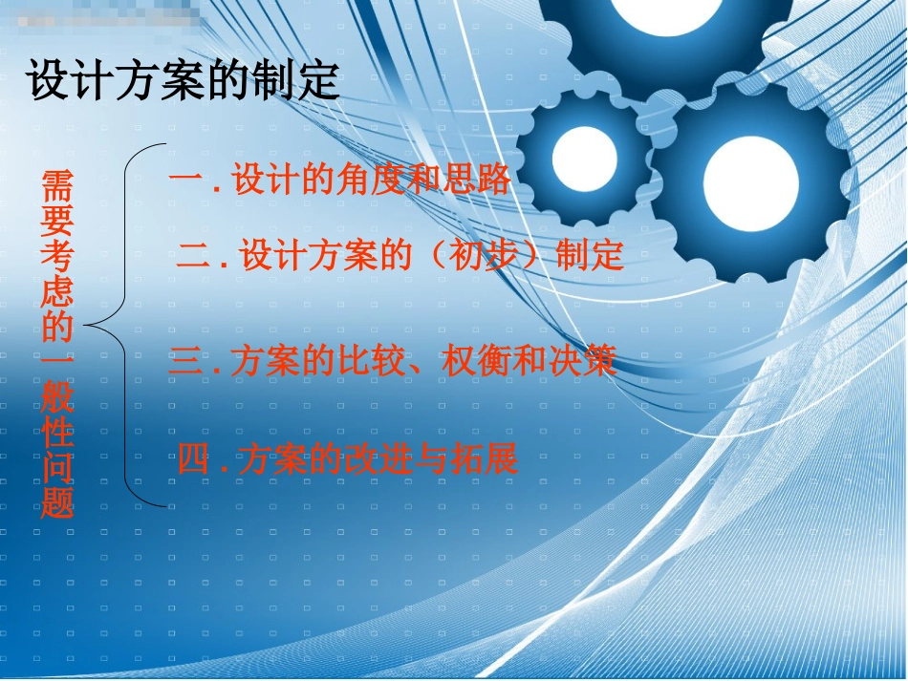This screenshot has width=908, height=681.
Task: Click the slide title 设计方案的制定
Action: point(184,81)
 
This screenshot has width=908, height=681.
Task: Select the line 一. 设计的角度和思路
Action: point(340,181)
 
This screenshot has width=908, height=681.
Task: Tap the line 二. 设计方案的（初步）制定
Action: point(400,256)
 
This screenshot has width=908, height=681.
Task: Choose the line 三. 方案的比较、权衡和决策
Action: point(393,360)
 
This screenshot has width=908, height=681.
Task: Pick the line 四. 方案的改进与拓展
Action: point(348,460)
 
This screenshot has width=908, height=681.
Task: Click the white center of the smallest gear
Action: point(584,158)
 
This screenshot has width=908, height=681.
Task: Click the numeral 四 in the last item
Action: point(193,460)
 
